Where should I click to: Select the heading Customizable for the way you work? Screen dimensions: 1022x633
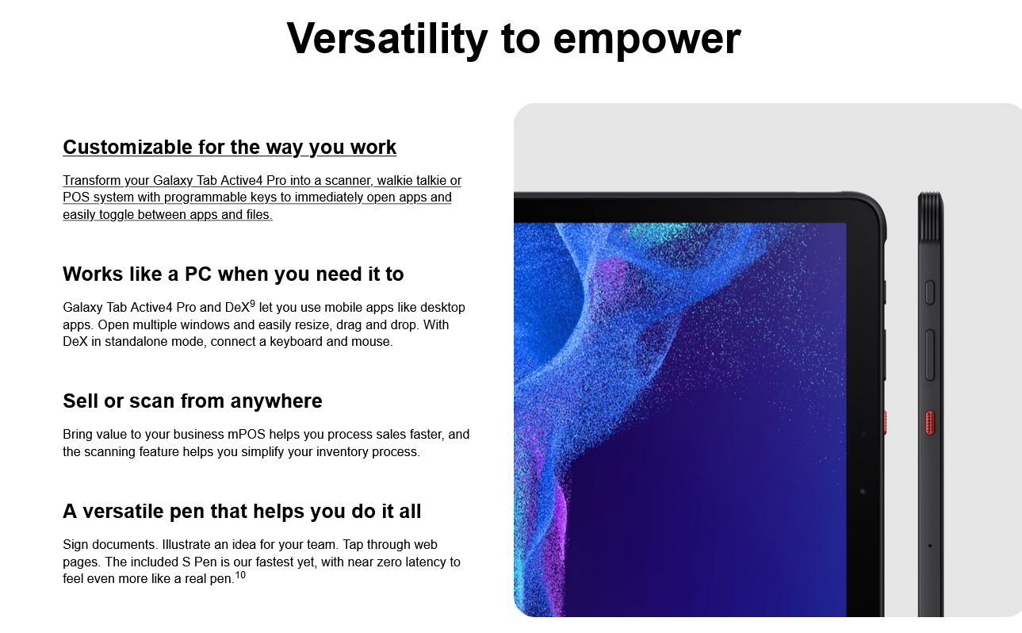[229, 147]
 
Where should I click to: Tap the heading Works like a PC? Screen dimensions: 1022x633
[233, 274]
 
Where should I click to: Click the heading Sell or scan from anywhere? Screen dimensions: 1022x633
[193, 401]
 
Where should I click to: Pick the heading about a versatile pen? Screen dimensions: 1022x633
[242, 511]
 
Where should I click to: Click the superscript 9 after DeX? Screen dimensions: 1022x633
[252, 304]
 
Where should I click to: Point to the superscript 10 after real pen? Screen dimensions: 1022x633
[240, 574]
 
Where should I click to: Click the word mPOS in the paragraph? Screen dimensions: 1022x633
[247, 434]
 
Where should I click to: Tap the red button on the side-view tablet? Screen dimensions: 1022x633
[930, 423]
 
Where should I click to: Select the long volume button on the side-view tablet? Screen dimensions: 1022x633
[929, 355]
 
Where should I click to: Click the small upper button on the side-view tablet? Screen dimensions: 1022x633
[929, 293]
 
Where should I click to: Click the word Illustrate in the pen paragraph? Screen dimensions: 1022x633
[186, 544]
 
